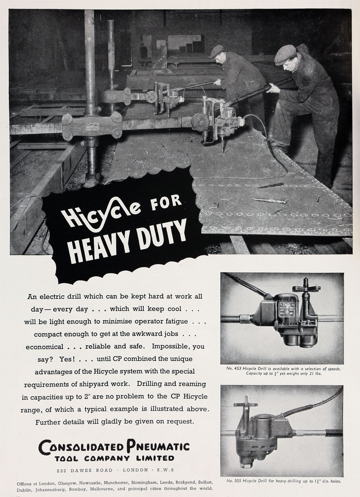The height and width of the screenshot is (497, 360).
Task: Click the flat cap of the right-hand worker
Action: (x=285, y=54)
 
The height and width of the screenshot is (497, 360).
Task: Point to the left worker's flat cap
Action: (x=217, y=51)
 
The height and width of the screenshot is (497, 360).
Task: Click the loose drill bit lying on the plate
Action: (x=270, y=201)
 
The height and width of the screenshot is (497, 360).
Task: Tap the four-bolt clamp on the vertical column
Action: (x=92, y=126)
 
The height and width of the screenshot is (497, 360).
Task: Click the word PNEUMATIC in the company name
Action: (x=158, y=446)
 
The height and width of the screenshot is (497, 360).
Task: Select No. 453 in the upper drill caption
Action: (x=235, y=369)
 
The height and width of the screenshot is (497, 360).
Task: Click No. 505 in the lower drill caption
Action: (x=236, y=481)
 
